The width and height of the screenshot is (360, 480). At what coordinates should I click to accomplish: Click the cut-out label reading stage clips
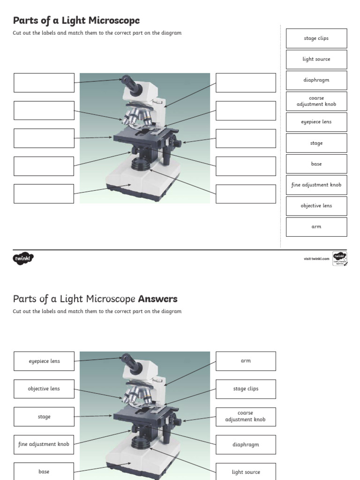tap(316, 38)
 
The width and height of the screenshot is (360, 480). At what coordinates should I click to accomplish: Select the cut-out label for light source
tap(316, 60)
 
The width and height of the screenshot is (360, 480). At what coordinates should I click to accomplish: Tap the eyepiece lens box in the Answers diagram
tap(44, 361)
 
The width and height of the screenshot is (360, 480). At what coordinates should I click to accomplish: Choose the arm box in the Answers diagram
tap(246, 361)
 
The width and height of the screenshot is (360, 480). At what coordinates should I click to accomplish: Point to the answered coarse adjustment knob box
tap(246, 417)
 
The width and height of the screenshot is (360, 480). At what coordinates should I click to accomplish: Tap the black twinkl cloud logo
tap(23, 258)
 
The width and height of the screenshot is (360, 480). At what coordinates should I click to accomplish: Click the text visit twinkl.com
tap(316, 259)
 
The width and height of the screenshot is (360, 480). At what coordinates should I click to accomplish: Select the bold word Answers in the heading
tap(157, 299)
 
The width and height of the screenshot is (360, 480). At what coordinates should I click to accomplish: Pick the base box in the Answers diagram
tap(44, 471)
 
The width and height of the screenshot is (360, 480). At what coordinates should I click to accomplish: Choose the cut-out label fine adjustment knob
tap(316, 185)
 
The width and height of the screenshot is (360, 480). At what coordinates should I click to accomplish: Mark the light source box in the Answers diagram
tap(246, 472)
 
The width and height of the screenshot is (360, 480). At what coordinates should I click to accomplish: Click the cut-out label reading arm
tap(316, 227)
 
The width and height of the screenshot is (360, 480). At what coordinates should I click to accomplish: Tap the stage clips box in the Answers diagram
tap(246, 389)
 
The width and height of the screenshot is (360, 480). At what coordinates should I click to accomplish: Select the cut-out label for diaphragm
tap(316, 80)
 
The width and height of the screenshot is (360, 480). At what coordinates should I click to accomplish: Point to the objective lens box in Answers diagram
tap(44, 389)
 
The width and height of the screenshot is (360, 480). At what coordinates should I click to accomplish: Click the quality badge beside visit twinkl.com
tap(339, 259)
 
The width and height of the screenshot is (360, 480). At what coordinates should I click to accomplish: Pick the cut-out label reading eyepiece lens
tap(316, 122)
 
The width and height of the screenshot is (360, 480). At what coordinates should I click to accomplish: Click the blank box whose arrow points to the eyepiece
tap(44, 82)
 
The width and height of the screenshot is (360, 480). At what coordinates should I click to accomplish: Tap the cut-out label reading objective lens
tap(316, 206)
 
